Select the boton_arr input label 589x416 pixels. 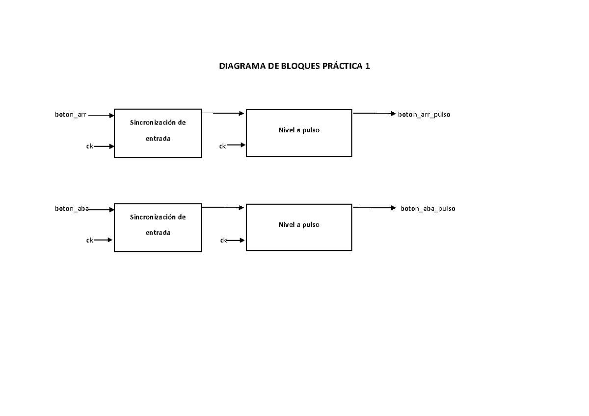pos(70,115)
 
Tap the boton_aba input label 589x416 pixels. pos(71,209)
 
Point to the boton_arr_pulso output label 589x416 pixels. pos(424,114)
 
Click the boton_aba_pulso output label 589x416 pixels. pos(428,208)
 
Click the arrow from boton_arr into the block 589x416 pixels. pos(101,115)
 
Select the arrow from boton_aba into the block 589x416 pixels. pos(102,209)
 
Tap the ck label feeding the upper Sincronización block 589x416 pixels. pos(90,146)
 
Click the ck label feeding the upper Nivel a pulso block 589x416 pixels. pos(222,146)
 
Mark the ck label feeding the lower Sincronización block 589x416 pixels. pos(90,240)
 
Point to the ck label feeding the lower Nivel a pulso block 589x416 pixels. pos(223,240)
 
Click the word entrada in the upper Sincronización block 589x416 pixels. pos(158,139)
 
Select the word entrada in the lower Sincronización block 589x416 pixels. pos(158,233)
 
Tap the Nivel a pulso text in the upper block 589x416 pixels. pos(298,130)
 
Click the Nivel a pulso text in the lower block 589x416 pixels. pos(298,224)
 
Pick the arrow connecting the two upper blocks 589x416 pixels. pos(223,113)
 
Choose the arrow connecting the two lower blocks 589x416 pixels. pos(223,207)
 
